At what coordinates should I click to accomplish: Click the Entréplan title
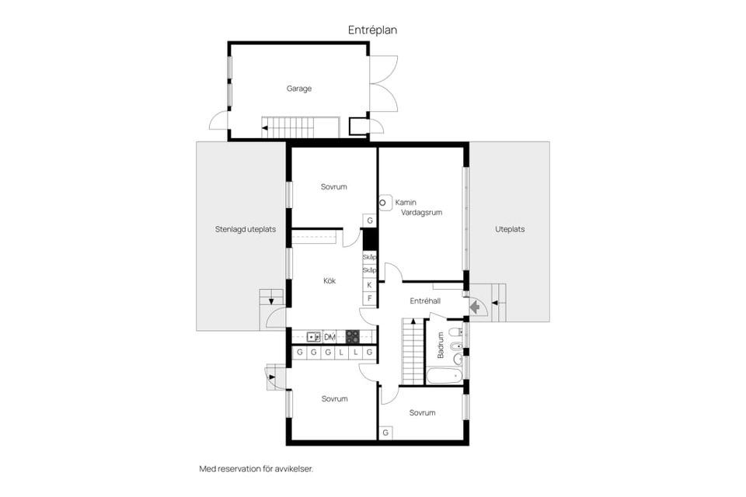tap(372, 30)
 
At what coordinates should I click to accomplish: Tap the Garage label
tap(298, 89)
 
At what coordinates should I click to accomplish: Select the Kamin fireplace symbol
tap(385, 203)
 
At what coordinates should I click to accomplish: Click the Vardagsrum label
tap(421, 213)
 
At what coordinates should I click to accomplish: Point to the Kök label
tap(329, 280)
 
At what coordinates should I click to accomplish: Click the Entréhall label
tap(425, 301)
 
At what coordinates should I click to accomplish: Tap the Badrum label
tap(440, 345)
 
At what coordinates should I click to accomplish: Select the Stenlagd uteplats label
tap(245, 229)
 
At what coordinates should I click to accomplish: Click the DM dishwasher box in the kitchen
tap(329, 337)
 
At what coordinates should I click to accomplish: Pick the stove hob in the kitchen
tap(353, 337)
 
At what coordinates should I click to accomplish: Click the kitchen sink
tap(313, 337)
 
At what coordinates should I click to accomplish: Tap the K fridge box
tap(370, 285)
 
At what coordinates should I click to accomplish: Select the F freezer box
tap(370, 298)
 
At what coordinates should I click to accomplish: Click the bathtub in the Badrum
tap(444, 376)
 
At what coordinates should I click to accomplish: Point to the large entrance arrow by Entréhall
tap(474, 308)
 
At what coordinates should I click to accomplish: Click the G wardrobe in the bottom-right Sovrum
tap(385, 433)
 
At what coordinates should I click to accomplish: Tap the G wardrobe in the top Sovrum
tap(370, 221)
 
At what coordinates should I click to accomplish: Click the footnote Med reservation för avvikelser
tap(256, 469)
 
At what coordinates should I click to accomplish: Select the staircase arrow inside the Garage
tap(264, 127)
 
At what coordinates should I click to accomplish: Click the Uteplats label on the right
tap(510, 229)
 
